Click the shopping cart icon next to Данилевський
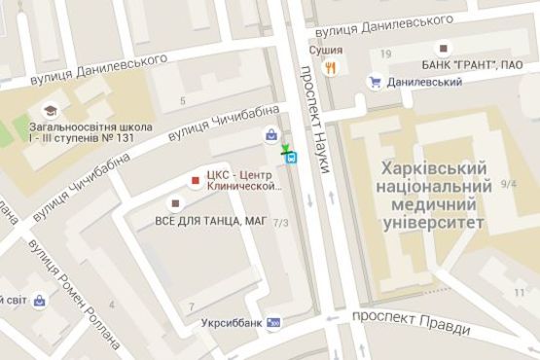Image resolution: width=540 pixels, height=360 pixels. point(375,83)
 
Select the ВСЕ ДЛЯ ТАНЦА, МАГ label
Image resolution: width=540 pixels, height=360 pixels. point(210,220)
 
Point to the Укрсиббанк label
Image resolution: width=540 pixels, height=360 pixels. point(230,322)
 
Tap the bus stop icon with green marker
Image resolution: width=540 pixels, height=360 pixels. point(291,157)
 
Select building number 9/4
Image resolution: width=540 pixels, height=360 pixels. point(509,182)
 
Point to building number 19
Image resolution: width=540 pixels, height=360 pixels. point(386,53)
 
